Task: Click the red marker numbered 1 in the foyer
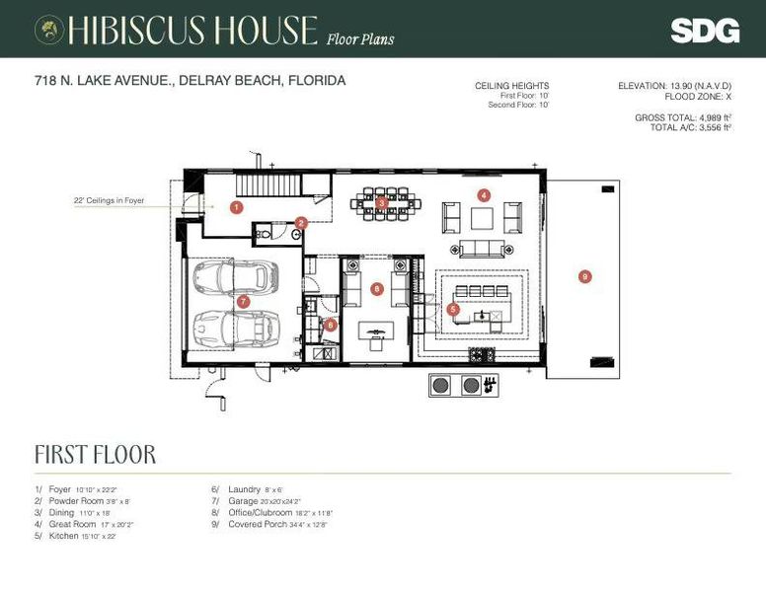237,207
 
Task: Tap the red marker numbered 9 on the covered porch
584,276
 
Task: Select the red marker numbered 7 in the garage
243,301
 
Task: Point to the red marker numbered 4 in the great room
484,194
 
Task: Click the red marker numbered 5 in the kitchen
453,309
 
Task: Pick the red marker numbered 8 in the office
376,289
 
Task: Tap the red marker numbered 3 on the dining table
382,202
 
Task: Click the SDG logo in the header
705,31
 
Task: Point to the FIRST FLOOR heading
95,455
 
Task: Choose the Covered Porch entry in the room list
257,525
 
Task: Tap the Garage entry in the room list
243,501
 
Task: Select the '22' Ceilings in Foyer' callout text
109,200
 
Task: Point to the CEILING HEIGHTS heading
511,87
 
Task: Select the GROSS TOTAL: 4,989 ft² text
682,117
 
